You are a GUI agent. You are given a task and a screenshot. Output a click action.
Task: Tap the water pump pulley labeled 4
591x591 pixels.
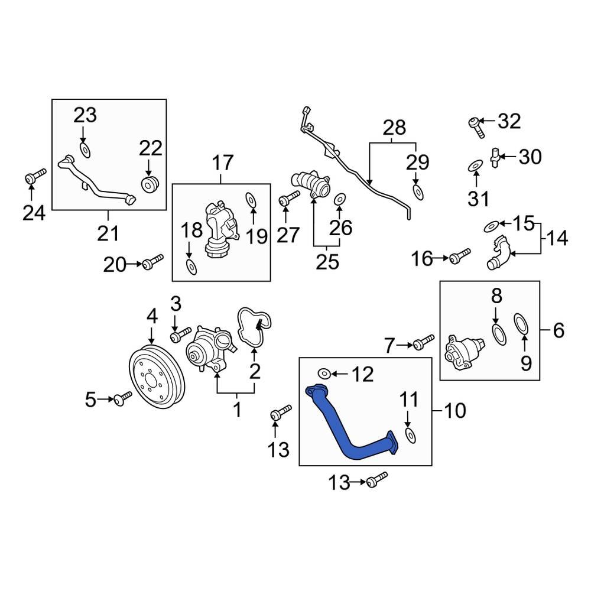[156, 378]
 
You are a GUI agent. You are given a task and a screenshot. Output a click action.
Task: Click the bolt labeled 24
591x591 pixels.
[35, 176]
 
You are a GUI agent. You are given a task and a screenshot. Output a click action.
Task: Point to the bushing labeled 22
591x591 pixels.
[150, 184]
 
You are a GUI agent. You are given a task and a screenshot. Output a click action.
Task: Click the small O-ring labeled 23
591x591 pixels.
[84, 150]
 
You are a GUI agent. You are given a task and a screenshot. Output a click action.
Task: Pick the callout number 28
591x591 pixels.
[394, 128]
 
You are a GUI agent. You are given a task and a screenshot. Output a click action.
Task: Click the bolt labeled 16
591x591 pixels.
[460, 256]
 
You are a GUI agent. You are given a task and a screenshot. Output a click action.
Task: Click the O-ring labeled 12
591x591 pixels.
[324, 373]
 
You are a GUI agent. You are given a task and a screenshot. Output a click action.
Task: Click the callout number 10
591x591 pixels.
[456, 410]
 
